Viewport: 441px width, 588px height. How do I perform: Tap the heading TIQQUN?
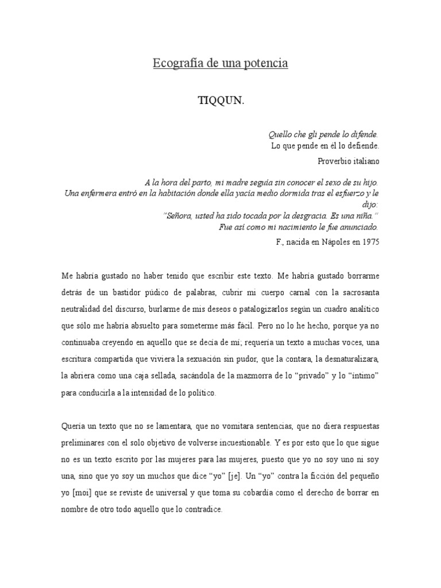tap(221, 100)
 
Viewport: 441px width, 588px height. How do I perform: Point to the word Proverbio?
tap(335, 161)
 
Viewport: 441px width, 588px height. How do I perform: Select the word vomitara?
tap(229, 427)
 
